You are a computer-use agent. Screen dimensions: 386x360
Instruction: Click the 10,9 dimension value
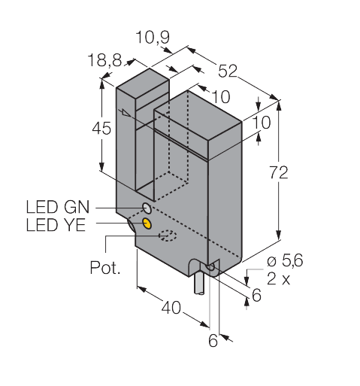(x=154, y=37)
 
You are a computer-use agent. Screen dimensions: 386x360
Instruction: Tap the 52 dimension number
(x=228, y=72)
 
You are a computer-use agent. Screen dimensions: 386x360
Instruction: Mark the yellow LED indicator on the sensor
(x=147, y=223)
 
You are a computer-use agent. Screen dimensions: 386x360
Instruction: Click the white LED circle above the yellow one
(x=146, y=207)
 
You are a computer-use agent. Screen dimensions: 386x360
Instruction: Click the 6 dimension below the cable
(x=213, y=341)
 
